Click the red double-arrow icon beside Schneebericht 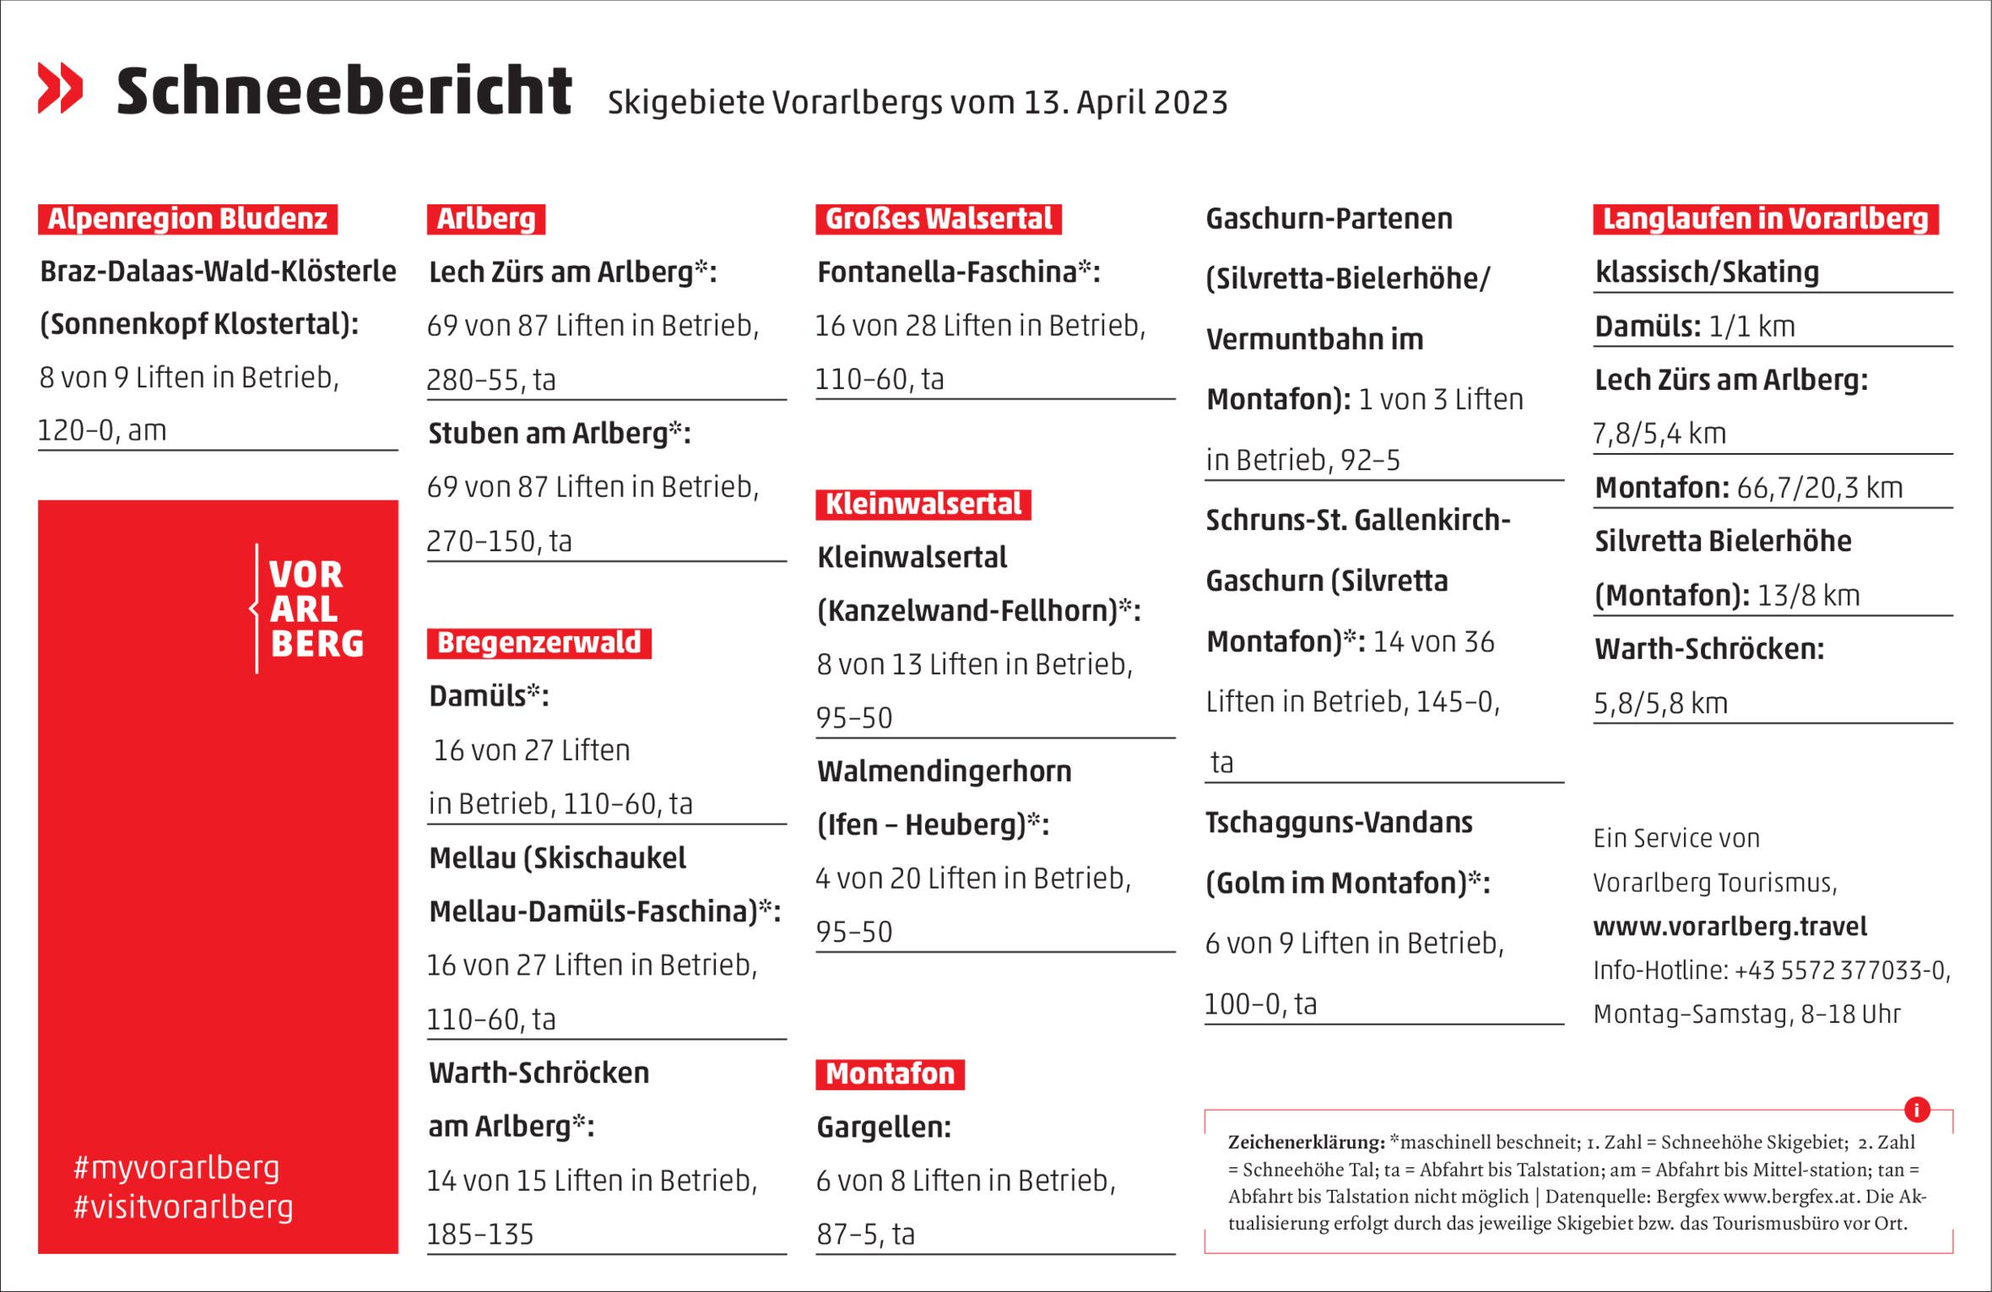[61, 88]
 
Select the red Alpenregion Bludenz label [187, 219]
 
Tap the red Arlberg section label [485, 219]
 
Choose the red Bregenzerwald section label [539, 643]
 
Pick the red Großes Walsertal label [938, 219]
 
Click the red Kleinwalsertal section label [923, 505]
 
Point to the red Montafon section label [890, 1074]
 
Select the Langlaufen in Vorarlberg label [1765, 219]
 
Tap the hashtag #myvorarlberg [176, 1168]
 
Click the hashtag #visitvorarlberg [183, 1207]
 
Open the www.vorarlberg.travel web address [1729, 927]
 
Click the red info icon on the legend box [1917, 1110]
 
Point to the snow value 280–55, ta [491, 381]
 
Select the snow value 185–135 [480, 1235]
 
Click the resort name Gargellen [883, 1127]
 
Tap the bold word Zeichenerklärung [1306, 1143]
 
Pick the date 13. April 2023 [1125, 103]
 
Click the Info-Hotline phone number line [1772, 970]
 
